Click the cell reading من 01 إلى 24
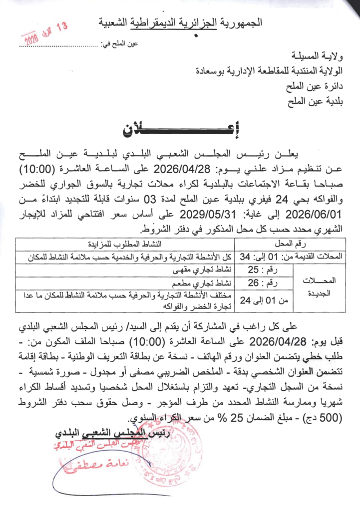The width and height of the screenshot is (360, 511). click(x=262, y=300)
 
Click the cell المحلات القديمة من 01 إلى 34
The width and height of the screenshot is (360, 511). click(x=290, y=257)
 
